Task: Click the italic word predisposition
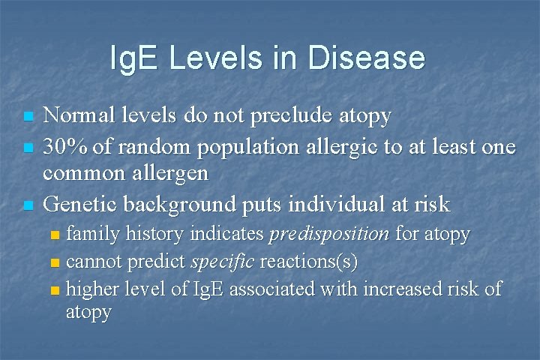coord(328,235)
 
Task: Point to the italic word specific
coord(223,262)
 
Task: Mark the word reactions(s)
coord(308,262)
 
